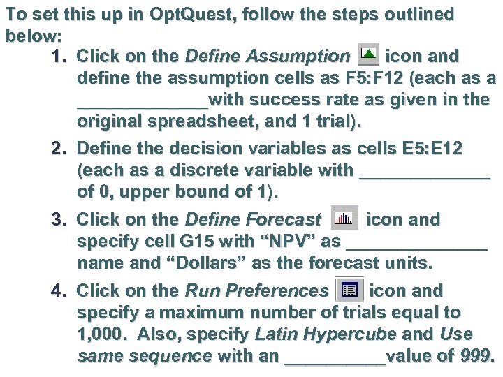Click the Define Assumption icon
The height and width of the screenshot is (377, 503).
[367, 54]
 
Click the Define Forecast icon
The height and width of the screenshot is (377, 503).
[343, 219]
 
